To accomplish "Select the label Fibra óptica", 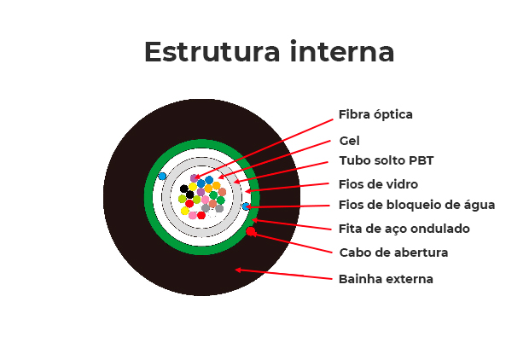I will pyautogui.click(x=375, y=114).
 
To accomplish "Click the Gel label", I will pyautogui.click(x=349, y=141).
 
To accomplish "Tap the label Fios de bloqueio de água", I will pyautogui.click(x=416, y=205).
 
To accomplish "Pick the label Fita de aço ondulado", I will pyautogui.click(x=404, y=229).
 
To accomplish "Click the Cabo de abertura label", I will pyautogui.click(x=393, y=253).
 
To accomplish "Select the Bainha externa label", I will pyautogui.click(x=386, y=279).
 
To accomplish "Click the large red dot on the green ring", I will pyautogui.click(x=251, y=231).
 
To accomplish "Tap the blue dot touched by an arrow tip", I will pyautogui.click(x=246, y=206).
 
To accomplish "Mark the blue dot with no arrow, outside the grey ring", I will pyautogui.click(x=162, y=177).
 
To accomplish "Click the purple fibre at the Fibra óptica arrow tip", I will pyautogui.click(x=195, y=178).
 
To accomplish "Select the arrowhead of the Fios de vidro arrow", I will pyautogui.click(x=247, y=191).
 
